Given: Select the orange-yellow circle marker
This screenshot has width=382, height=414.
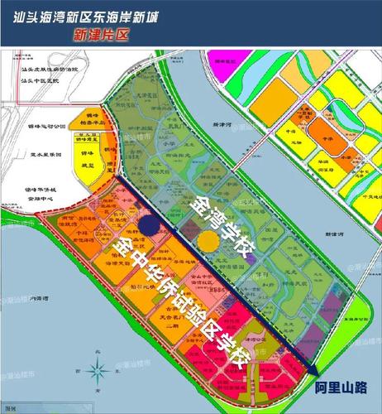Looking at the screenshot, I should pos(208,241).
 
